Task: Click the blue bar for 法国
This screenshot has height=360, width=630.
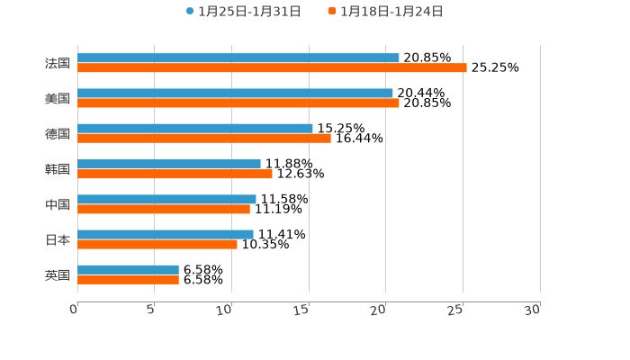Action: (238, 58)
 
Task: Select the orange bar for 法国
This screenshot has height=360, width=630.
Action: (272, 68)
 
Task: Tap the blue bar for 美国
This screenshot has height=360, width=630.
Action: (235, 94)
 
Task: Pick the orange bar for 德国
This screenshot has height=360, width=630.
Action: (204, 139)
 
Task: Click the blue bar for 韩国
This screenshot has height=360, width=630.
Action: (169, 165)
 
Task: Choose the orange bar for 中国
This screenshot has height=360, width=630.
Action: (164, 210)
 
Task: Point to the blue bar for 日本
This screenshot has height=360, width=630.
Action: (166, 235)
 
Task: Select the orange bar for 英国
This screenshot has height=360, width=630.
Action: (128, 280)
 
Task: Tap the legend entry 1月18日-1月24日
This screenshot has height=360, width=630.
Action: (391, 12)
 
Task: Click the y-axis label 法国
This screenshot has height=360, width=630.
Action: (58, 63)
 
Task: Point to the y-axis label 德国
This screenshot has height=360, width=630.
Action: (58, 134)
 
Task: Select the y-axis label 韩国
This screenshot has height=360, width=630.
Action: (58, 169)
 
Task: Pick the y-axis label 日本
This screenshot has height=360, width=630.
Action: (58, 240)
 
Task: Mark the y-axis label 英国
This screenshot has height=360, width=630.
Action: (58, 275)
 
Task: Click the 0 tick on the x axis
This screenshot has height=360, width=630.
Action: (74, 310)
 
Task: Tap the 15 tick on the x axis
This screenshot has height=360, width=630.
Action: (301, 310)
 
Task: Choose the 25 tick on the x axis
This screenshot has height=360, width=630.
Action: (455, 310)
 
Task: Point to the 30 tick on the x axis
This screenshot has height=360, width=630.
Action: (533, 310)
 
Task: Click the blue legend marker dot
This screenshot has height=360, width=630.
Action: (190, 12)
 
